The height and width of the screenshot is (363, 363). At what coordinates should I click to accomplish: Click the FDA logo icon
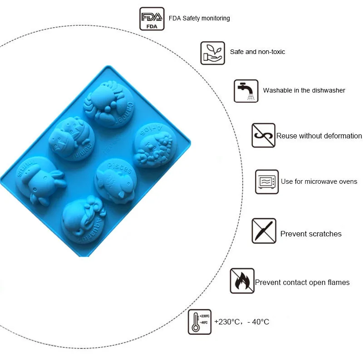pyautogui.click(x=152, y=19)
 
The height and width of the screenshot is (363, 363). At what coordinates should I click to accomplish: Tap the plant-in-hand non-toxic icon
pyautogui.click(x=212, y=53)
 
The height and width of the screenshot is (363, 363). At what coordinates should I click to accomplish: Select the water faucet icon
pyautogui.click(x=246, y=91)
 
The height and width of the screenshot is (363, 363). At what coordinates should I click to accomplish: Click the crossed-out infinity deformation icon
pyautogui.click(x=263, y=135)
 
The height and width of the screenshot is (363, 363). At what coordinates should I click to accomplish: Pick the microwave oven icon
pyautogui.click(x=266, y=182)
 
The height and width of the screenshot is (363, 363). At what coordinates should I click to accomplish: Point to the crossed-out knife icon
pyautogui.click(x=264, y=231)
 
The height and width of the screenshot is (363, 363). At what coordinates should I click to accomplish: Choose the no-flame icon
pyautogui.click(x=242, y=280)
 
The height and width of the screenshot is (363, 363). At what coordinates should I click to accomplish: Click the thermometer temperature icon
pyautogui.click(x=199, y=322)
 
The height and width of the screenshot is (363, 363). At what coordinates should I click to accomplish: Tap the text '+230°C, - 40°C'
pyautogui.click(x=242, y=322)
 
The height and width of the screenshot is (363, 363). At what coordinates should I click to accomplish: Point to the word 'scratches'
pyautogui.click(x=325, y=234)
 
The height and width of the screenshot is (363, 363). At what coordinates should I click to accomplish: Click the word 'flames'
pyautogui.click(x=338, y=282)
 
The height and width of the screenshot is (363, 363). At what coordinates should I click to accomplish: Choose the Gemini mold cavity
pyautogui.click(x=71, y=138)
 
